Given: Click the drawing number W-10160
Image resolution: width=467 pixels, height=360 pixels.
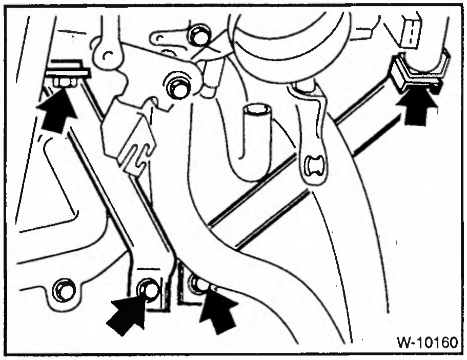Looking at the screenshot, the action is (x=427, y=343).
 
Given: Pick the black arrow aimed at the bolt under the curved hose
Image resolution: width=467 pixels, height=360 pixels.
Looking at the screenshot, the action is (x=219, y=311).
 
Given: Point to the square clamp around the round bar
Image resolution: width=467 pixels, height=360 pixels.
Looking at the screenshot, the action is (x=418, y=71).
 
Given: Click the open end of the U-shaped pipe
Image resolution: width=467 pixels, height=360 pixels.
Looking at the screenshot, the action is (x=258, y=110).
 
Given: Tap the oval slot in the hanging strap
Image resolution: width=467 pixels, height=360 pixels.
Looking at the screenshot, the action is (x=314, y=166).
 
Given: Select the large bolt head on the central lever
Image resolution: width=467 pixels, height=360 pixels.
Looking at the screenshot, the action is (x=178, y=85).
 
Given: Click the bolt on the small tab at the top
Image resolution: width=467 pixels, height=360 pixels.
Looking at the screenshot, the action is (x=199, y=35).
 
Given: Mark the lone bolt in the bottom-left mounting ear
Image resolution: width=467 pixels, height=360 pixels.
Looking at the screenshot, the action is (x=64, y=290).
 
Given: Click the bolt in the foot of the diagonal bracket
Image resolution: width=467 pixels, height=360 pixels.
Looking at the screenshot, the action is (x=148, y=289).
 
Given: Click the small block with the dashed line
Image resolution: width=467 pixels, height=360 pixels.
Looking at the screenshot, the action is (x=411, y=31).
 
